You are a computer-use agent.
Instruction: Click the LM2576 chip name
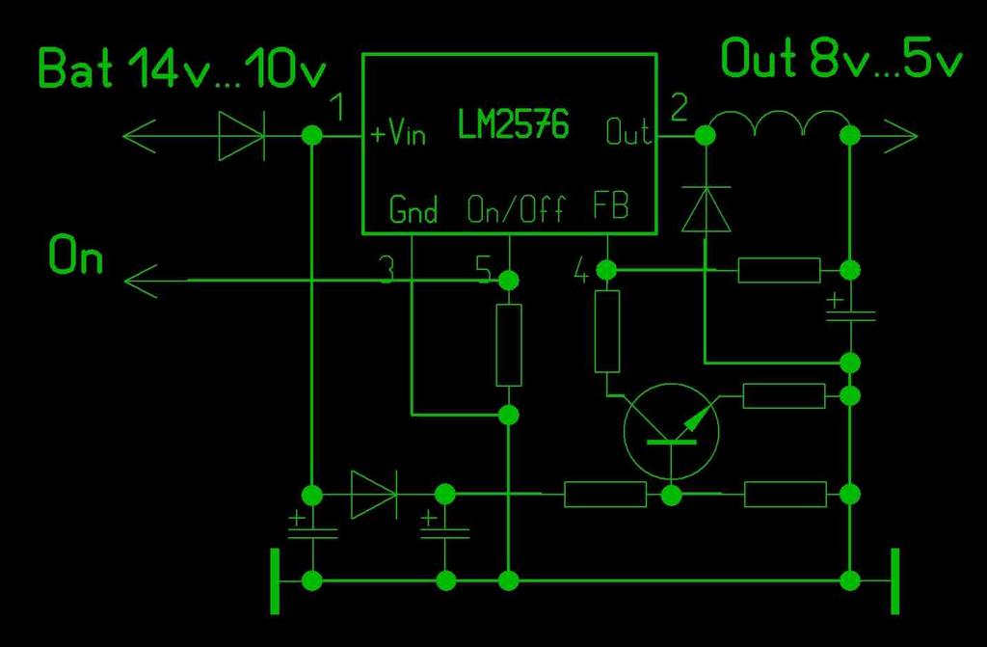point(513,125)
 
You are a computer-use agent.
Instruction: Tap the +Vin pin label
point(398,133)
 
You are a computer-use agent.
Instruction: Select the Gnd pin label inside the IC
point(413,208)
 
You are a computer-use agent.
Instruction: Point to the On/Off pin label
point(515,208)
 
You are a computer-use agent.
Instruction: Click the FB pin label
point(610,206)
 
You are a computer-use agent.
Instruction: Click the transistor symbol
point(672,430)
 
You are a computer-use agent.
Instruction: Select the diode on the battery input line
point(240,136)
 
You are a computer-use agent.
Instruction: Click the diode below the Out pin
point(706,208)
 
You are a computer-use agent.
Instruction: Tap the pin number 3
point(386,271)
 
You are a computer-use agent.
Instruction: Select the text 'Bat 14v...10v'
point(182,70)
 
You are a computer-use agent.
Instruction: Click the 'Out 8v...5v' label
point(841,60)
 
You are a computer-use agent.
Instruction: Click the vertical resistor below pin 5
point(508,344)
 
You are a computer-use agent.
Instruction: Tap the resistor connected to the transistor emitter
point(785,395)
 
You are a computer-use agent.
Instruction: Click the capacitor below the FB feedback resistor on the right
point(850,314)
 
